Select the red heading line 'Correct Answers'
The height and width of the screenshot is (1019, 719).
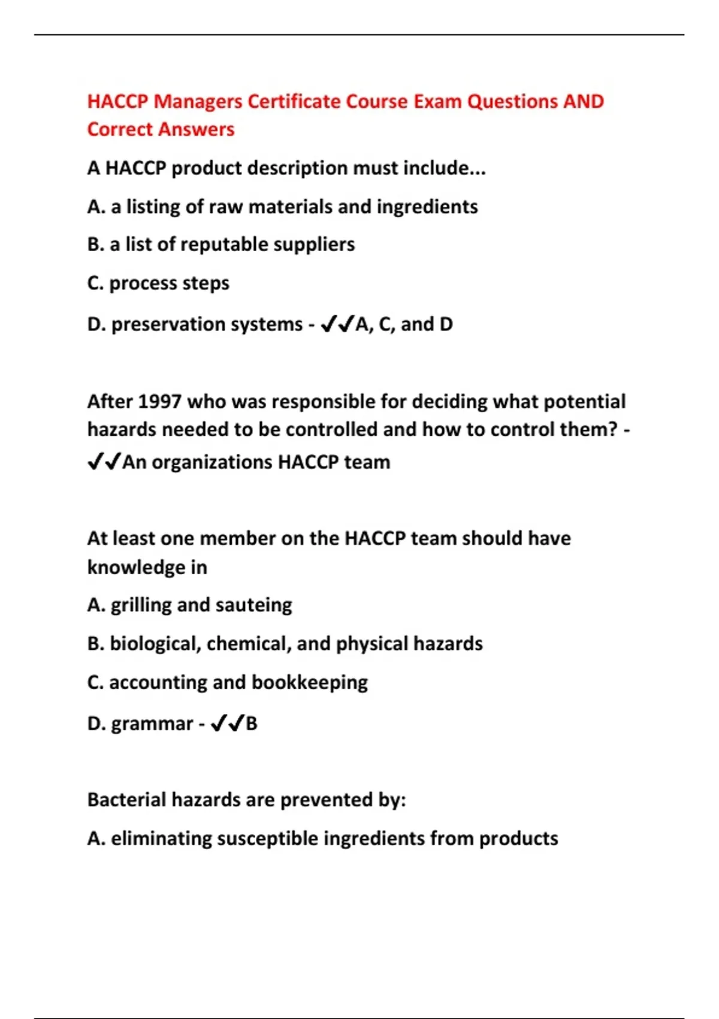point(161,129)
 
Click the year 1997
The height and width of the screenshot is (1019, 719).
point(160,401)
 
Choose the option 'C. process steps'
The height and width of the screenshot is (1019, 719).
point(158,283)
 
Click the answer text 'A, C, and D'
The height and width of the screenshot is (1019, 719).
point(404,324)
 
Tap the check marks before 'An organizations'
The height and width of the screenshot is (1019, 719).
point(104,462)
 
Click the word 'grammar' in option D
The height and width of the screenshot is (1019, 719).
point(152,723)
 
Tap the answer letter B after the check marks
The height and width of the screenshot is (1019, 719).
point(252,723)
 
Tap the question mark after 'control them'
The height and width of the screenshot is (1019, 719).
point(611,429)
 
